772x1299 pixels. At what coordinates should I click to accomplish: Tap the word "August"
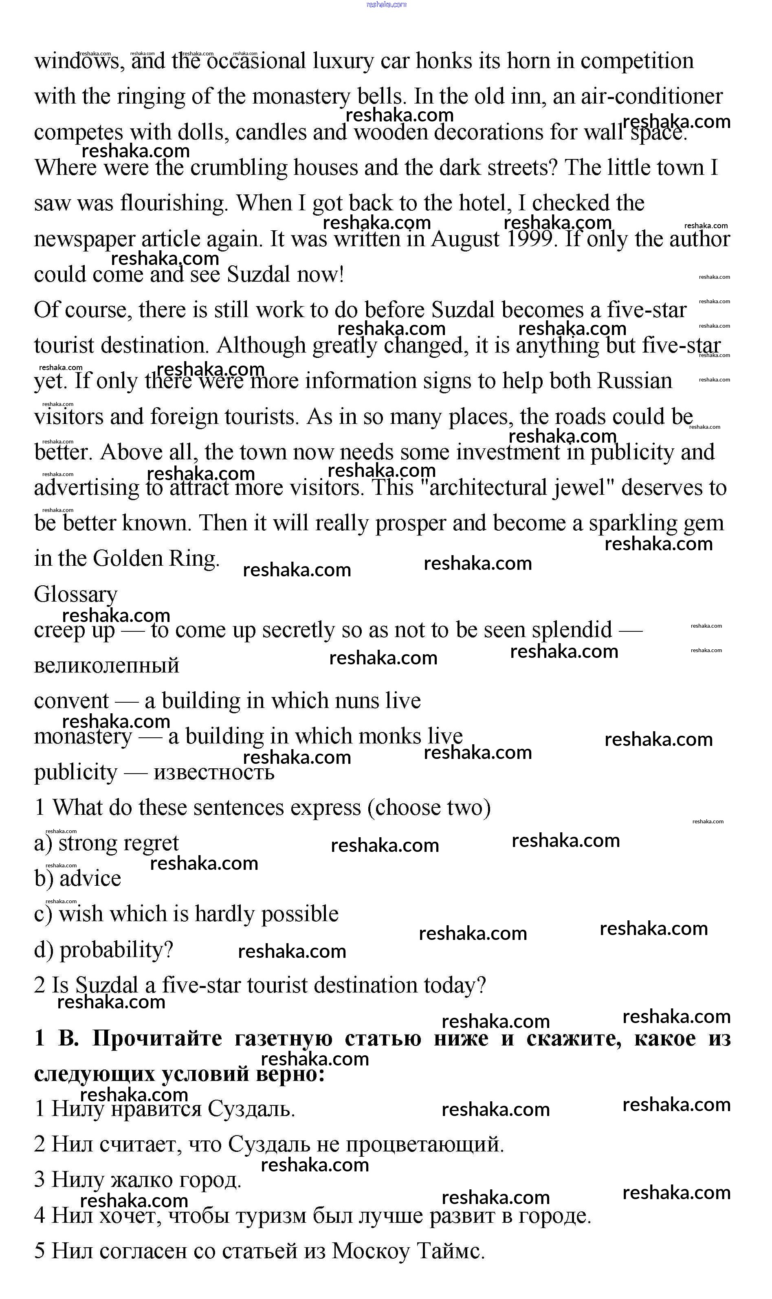point(466,240)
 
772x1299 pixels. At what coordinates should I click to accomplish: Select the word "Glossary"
point(76,595)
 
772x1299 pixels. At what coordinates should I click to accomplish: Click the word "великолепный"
point(107,666)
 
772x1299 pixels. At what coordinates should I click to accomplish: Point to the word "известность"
point(214,772)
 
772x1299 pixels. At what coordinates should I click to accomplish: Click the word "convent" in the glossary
point(72,701)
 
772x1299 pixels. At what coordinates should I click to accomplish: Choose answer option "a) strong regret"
point(107,843)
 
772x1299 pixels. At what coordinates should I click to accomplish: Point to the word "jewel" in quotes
point(581,488)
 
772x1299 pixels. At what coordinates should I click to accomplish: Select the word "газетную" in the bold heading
point(284,1038)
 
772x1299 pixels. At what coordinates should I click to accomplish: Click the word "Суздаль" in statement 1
point(251,1109)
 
